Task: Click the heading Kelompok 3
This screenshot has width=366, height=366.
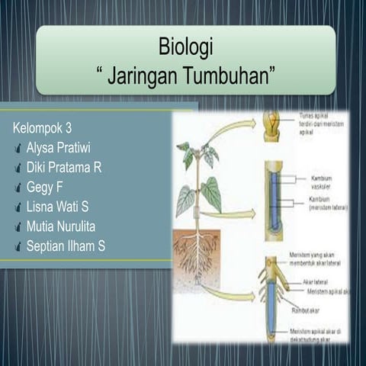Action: tap(43, 127)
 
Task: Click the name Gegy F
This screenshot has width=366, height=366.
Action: tap(43, 186)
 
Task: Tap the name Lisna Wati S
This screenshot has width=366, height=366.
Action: tap(58, 206)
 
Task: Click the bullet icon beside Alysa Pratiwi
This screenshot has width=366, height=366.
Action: tap(18, 146)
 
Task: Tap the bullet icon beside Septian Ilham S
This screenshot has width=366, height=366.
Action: tap(18, 246)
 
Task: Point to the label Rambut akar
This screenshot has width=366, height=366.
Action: tap(305, 310)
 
